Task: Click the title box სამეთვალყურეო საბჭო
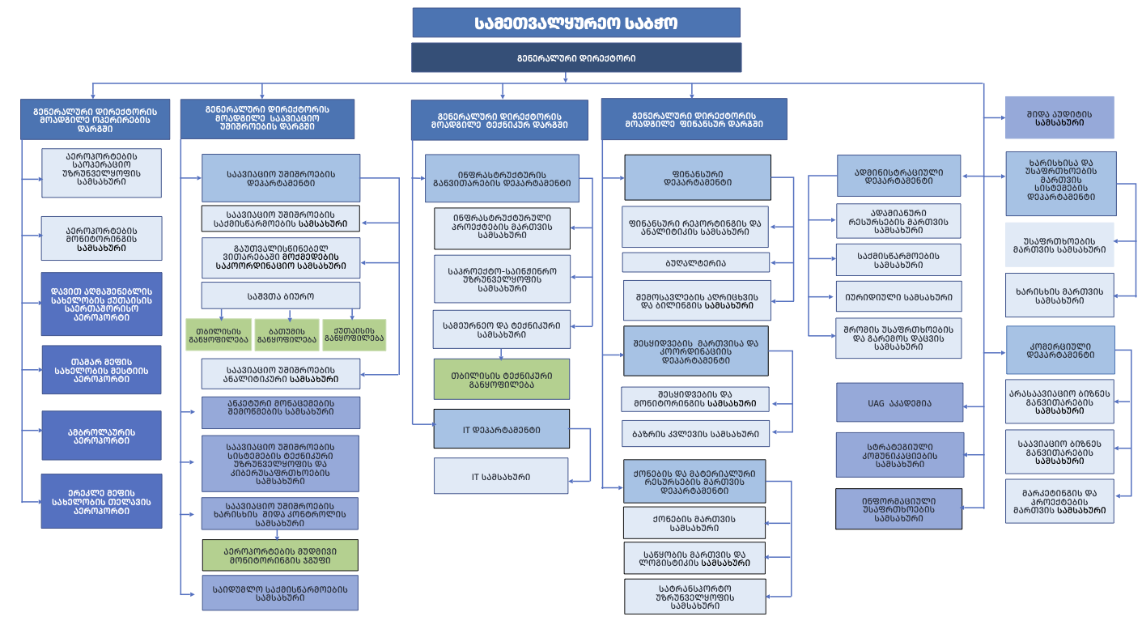pyautogui.click(x=575, y=23)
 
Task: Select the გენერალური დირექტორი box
pyautogui.click(x=575, y=58)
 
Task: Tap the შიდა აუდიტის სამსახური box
pyautogui.click(x=1059, y=117)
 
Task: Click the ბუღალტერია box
pyautogui.click(x=695, y=262)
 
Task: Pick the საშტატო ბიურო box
pyautogui.click(x=280, y=295)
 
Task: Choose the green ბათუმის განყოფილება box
pyautogui.click(x=287, y=335)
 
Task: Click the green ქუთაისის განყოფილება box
pyautogui.click(x=354, y=335)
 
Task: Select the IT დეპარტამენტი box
pyautogui.click(x=501, y=429)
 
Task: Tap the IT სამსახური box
pyautogui.click(x=501, y=476)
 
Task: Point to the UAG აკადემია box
pyautogui.click(x=899, y=402)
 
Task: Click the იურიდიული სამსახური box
pyautogui.click(x=898, y=296)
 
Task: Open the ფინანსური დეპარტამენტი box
pyautogui.click(x=697, y=177)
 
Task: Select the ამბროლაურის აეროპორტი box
pyautogui.click(x=101, y=436)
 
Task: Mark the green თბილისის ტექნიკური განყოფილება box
pyautogui.click(x=501, y=379)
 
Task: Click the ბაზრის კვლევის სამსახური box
pyautogui.click(x=695, y=434)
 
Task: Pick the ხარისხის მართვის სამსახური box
pyautogui.click(x=1059, y=295)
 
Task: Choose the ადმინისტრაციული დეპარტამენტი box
pyautogui.click(x=898, y=176)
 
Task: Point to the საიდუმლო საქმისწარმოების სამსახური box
pyautogui.click(x=279, y=593)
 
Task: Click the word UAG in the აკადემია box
pyautogui.click(x=876, y=402)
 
